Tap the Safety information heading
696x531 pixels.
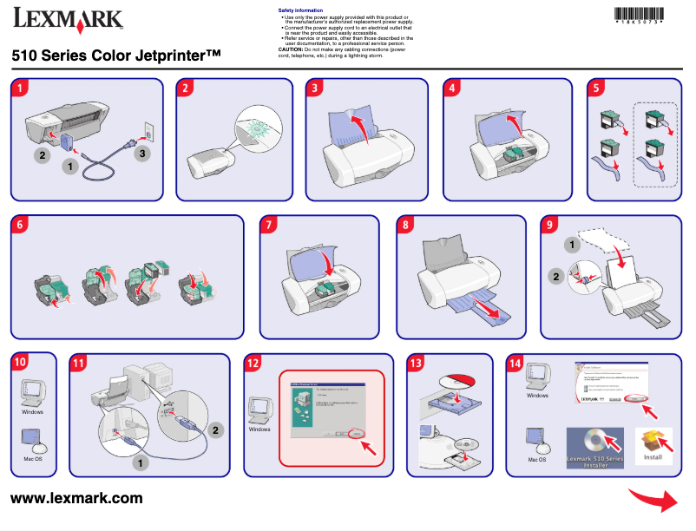(x=300, y=10)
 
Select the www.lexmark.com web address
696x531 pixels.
(x=76, y=498)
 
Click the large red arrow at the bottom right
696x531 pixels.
(x=654, y=501)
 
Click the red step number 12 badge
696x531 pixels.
(x=253, y=363)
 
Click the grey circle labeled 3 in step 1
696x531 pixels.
(x=144, y=154)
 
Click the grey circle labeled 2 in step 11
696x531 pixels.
(x=218, y=429)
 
